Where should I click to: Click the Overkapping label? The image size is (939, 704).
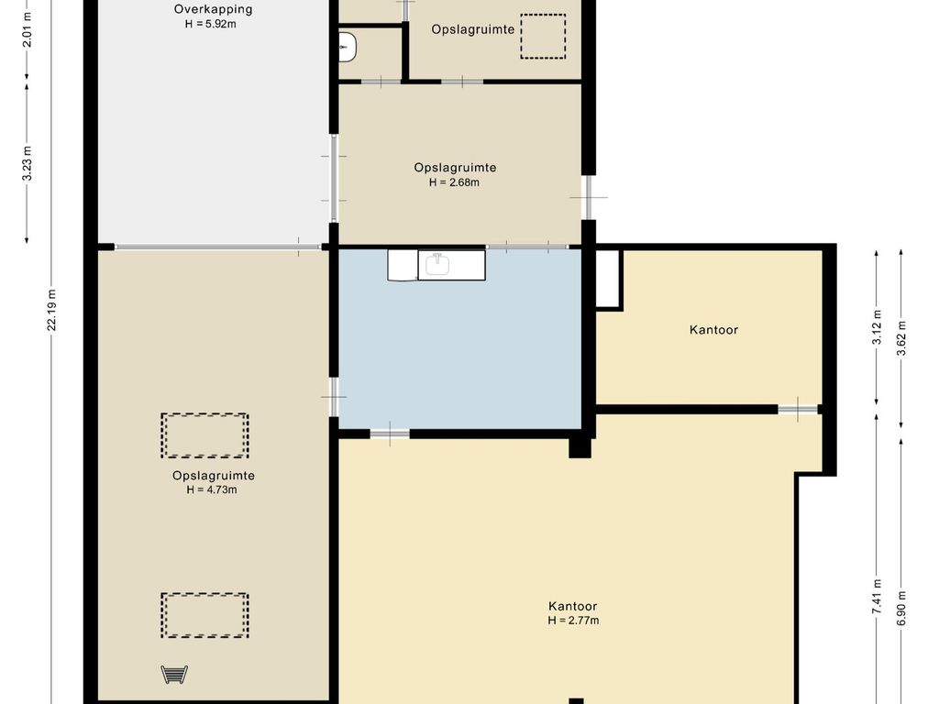[x=213, y=9]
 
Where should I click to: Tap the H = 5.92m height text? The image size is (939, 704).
[x=210, y=25]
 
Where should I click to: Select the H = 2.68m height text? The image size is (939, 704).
[x=454, y=182]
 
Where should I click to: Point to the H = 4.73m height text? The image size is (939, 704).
[x=212, y=489]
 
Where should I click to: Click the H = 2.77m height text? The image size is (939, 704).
[x=573, y=621]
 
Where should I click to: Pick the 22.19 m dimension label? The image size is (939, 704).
[x=52, y=310]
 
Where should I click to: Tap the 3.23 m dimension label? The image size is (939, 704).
[x=27, y=163]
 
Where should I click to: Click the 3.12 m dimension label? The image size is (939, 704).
[x=878, y=327]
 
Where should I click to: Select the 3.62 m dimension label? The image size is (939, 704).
[x=902, y=338]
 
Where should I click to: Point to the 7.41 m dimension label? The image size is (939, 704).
[x=878, y=596]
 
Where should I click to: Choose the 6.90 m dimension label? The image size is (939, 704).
[x=902, y=608]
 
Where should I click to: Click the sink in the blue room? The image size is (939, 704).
[x=437, y=264]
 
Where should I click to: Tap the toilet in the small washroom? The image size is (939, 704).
[x=348, y=48]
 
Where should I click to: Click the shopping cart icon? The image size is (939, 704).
[x=174, y=675]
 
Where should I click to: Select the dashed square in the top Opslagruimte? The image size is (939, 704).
[x=543, y=37]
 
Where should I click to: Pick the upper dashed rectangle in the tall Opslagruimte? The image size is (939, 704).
[x=204, y=435]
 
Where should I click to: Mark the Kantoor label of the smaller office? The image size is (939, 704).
[x=713, y=330]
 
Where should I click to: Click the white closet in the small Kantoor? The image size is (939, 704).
[x=608, y=279]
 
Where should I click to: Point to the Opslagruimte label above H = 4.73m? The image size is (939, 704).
[x=213, y=476]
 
